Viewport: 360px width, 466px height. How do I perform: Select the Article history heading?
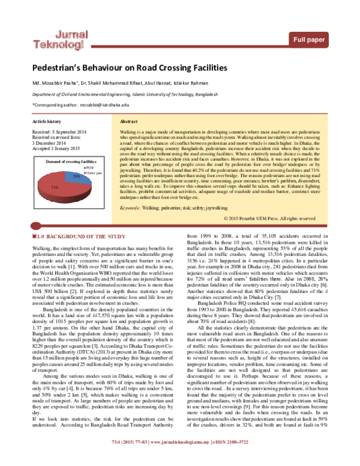pos(46,121)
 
